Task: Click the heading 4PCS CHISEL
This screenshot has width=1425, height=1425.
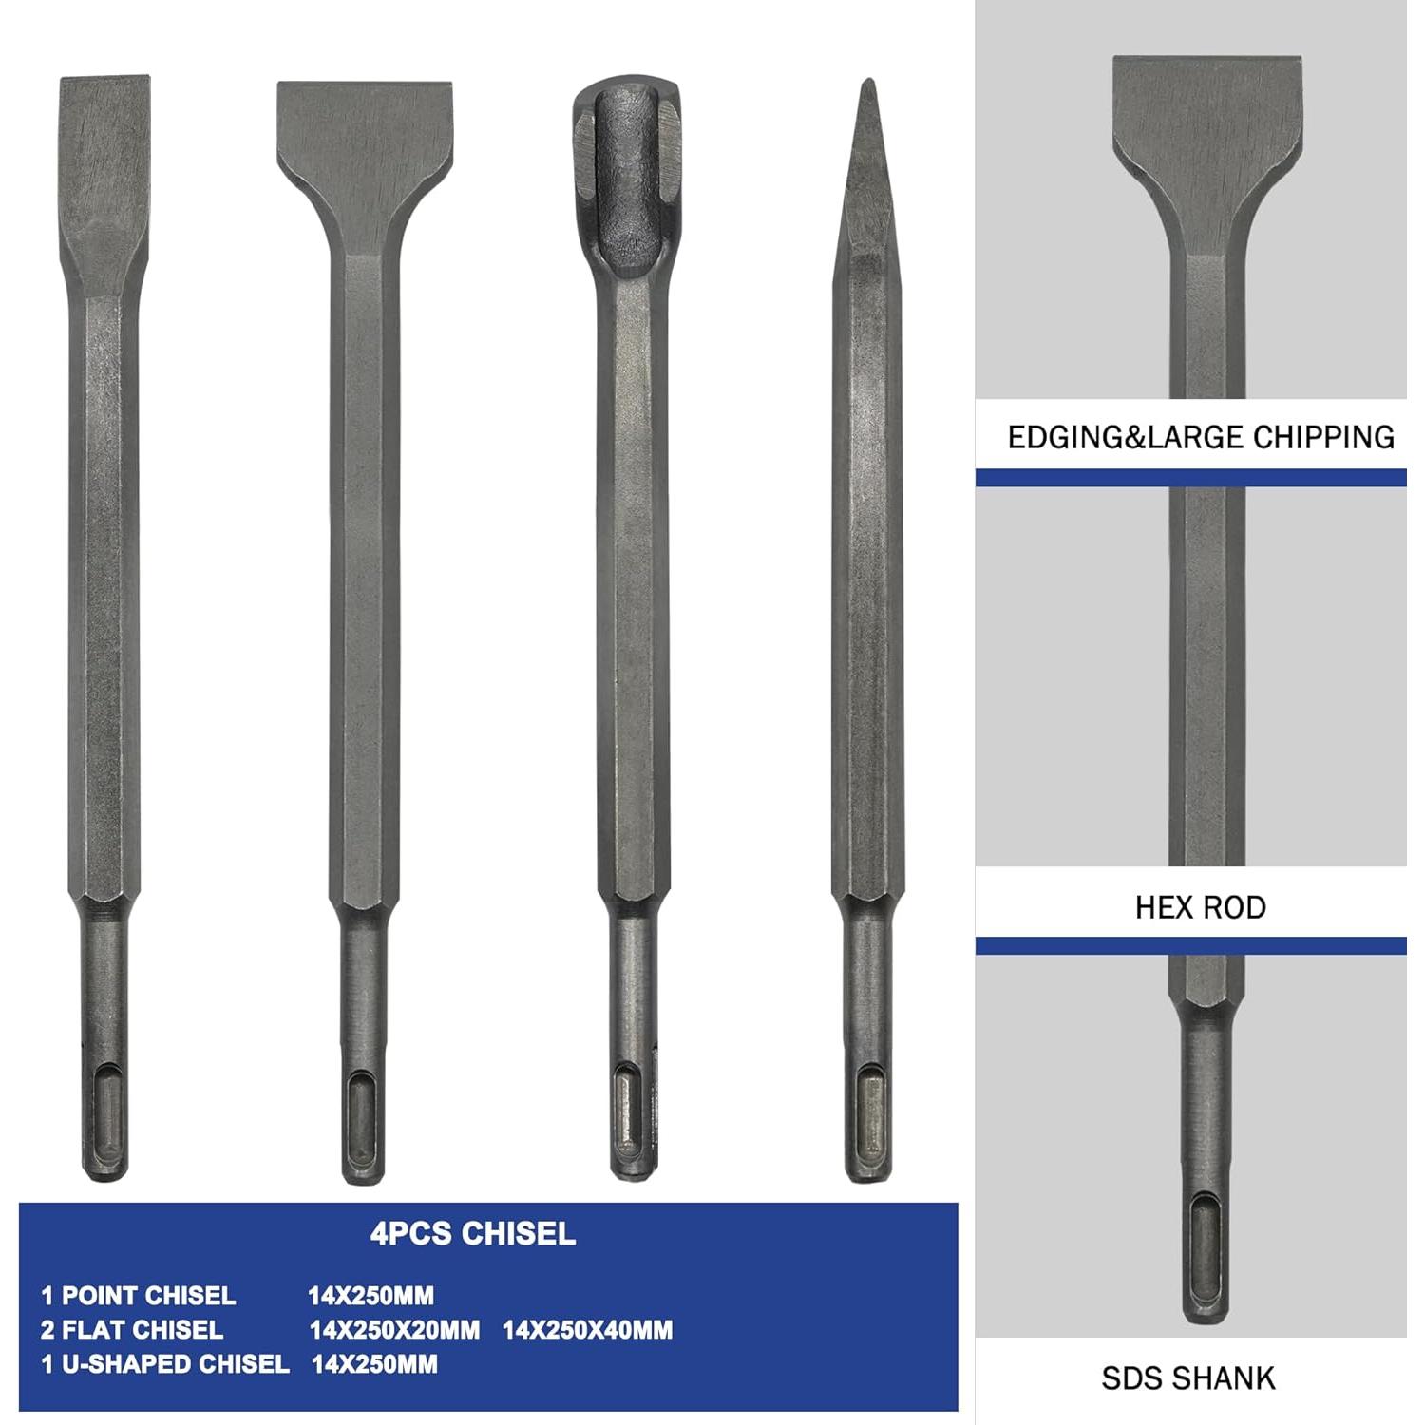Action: click(x=473, y=1233)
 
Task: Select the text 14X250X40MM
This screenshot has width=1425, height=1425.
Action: click(x=587, y=1330)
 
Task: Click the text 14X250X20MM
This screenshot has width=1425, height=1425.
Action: click(x=394, y=1330)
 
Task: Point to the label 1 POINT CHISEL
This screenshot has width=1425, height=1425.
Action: click(x=138, y=1296)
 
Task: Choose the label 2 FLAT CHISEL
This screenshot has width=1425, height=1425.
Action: click(x=132, y=1330)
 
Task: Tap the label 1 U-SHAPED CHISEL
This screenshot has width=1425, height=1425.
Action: click(x=164, y=1364)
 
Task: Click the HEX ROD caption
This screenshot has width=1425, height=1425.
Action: click(x=1200, y=907)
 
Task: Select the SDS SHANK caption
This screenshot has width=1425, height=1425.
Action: click(x=1187, y=1377)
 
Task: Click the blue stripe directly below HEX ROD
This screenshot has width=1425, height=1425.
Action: click(x=1190, y=946)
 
